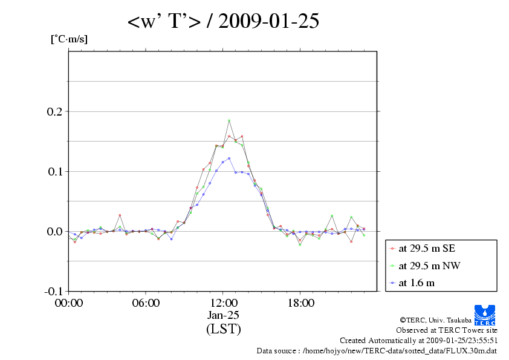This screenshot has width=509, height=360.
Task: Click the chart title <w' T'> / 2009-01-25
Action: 223,22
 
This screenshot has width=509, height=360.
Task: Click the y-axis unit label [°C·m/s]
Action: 68,39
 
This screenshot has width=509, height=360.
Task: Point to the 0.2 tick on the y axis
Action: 54,112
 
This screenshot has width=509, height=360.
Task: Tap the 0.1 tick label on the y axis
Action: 54,172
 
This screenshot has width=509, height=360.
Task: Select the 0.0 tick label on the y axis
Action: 54,232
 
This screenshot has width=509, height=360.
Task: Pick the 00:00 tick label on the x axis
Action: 68,303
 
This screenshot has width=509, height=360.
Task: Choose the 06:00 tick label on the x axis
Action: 146,303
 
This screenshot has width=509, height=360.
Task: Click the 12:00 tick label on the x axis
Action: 223,303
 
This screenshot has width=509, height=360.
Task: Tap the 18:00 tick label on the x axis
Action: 300,303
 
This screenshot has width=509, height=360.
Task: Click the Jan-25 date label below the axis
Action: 223,315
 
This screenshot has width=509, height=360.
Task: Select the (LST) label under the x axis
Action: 223,329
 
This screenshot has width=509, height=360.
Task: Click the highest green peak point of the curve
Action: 229,121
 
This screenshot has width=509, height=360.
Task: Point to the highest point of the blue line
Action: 229,159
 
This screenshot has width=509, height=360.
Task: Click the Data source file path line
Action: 377,350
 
